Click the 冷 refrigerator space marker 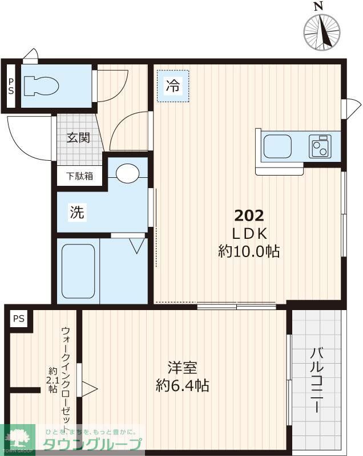[x=172, y=87]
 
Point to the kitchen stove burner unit [x=321, y=146]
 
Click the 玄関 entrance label [x=78, y=137]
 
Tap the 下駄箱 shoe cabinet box [x=79, y=176]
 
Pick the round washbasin [x=128, y=172]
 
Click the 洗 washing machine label [x=77, y=213]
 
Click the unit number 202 [x=249, y=215]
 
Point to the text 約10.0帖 [x=249, y=251]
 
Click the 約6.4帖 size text [x=182, y=386]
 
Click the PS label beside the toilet [x=11, y=86]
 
